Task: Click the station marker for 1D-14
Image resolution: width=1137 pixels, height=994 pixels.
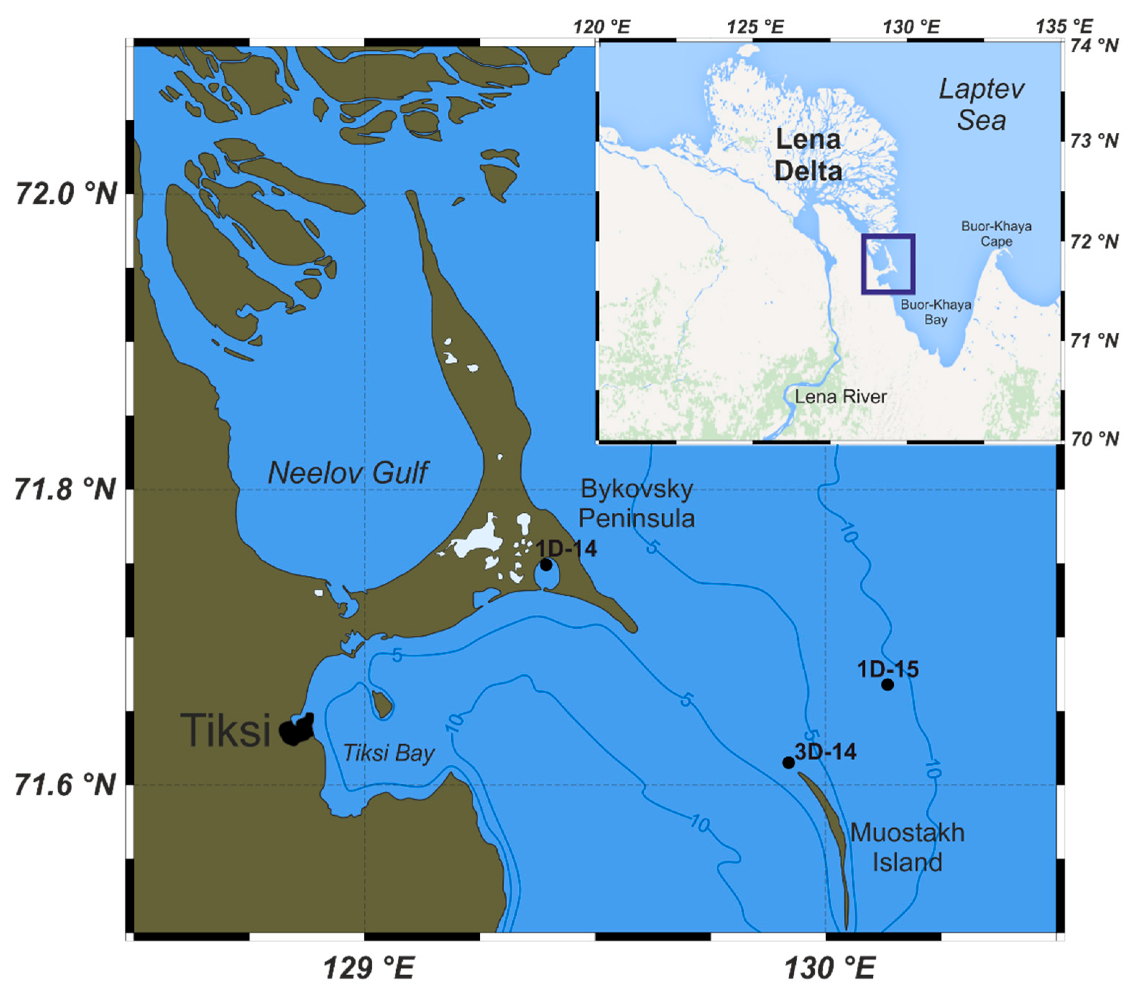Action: (546, 565)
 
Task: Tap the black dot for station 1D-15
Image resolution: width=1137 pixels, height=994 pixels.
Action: (888, 684)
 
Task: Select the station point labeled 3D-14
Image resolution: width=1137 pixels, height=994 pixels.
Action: (788, 763)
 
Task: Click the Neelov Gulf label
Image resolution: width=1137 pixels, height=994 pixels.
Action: (348, 473)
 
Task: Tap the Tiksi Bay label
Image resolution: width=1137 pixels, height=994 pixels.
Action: (388, 753)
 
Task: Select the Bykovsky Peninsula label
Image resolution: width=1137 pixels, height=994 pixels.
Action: (637, 504)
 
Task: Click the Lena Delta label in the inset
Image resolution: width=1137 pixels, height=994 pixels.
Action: (808, 155)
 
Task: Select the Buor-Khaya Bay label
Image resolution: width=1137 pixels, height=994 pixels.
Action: (936, 312)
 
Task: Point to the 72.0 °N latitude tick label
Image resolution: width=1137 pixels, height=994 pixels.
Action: (66, 194)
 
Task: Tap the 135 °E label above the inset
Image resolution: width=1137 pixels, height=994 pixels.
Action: (1064, 26)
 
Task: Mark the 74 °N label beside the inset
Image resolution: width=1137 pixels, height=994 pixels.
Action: (1094, 45)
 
